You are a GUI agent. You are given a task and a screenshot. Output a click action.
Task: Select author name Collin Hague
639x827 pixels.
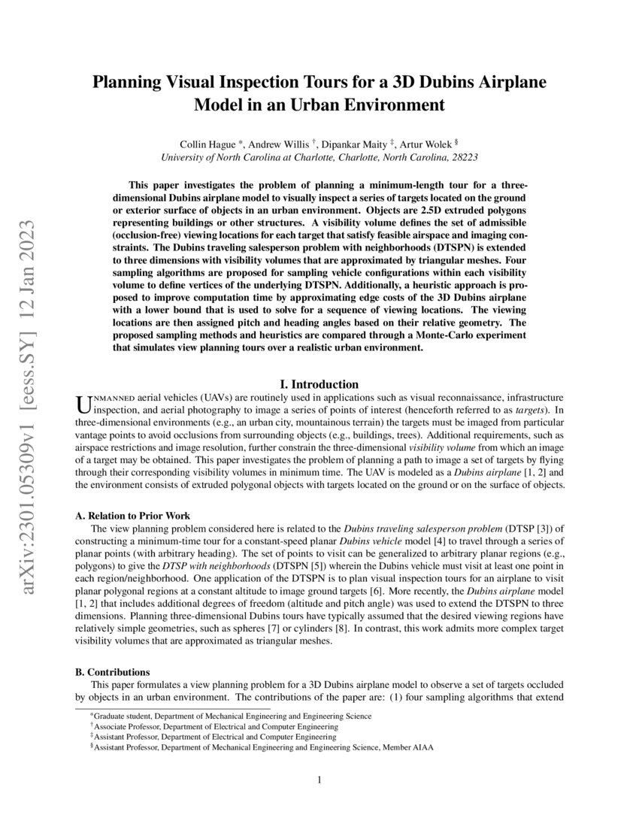pos(207,143)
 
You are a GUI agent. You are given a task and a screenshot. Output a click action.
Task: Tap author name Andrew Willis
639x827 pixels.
pos(279,143)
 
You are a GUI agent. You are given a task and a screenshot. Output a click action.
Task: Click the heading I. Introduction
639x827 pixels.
pos(319,384)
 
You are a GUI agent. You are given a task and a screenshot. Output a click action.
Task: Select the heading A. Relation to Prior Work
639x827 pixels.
pos(132,515)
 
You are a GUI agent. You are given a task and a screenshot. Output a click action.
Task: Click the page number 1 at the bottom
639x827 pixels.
pos(319,780)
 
